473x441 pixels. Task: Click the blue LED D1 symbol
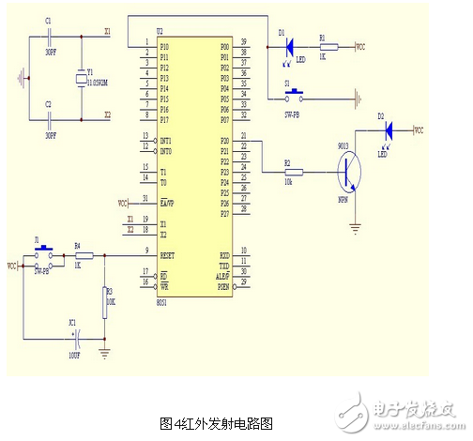point(290,43)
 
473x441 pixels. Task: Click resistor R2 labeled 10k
point(290,172)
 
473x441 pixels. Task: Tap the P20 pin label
point(224,142)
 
